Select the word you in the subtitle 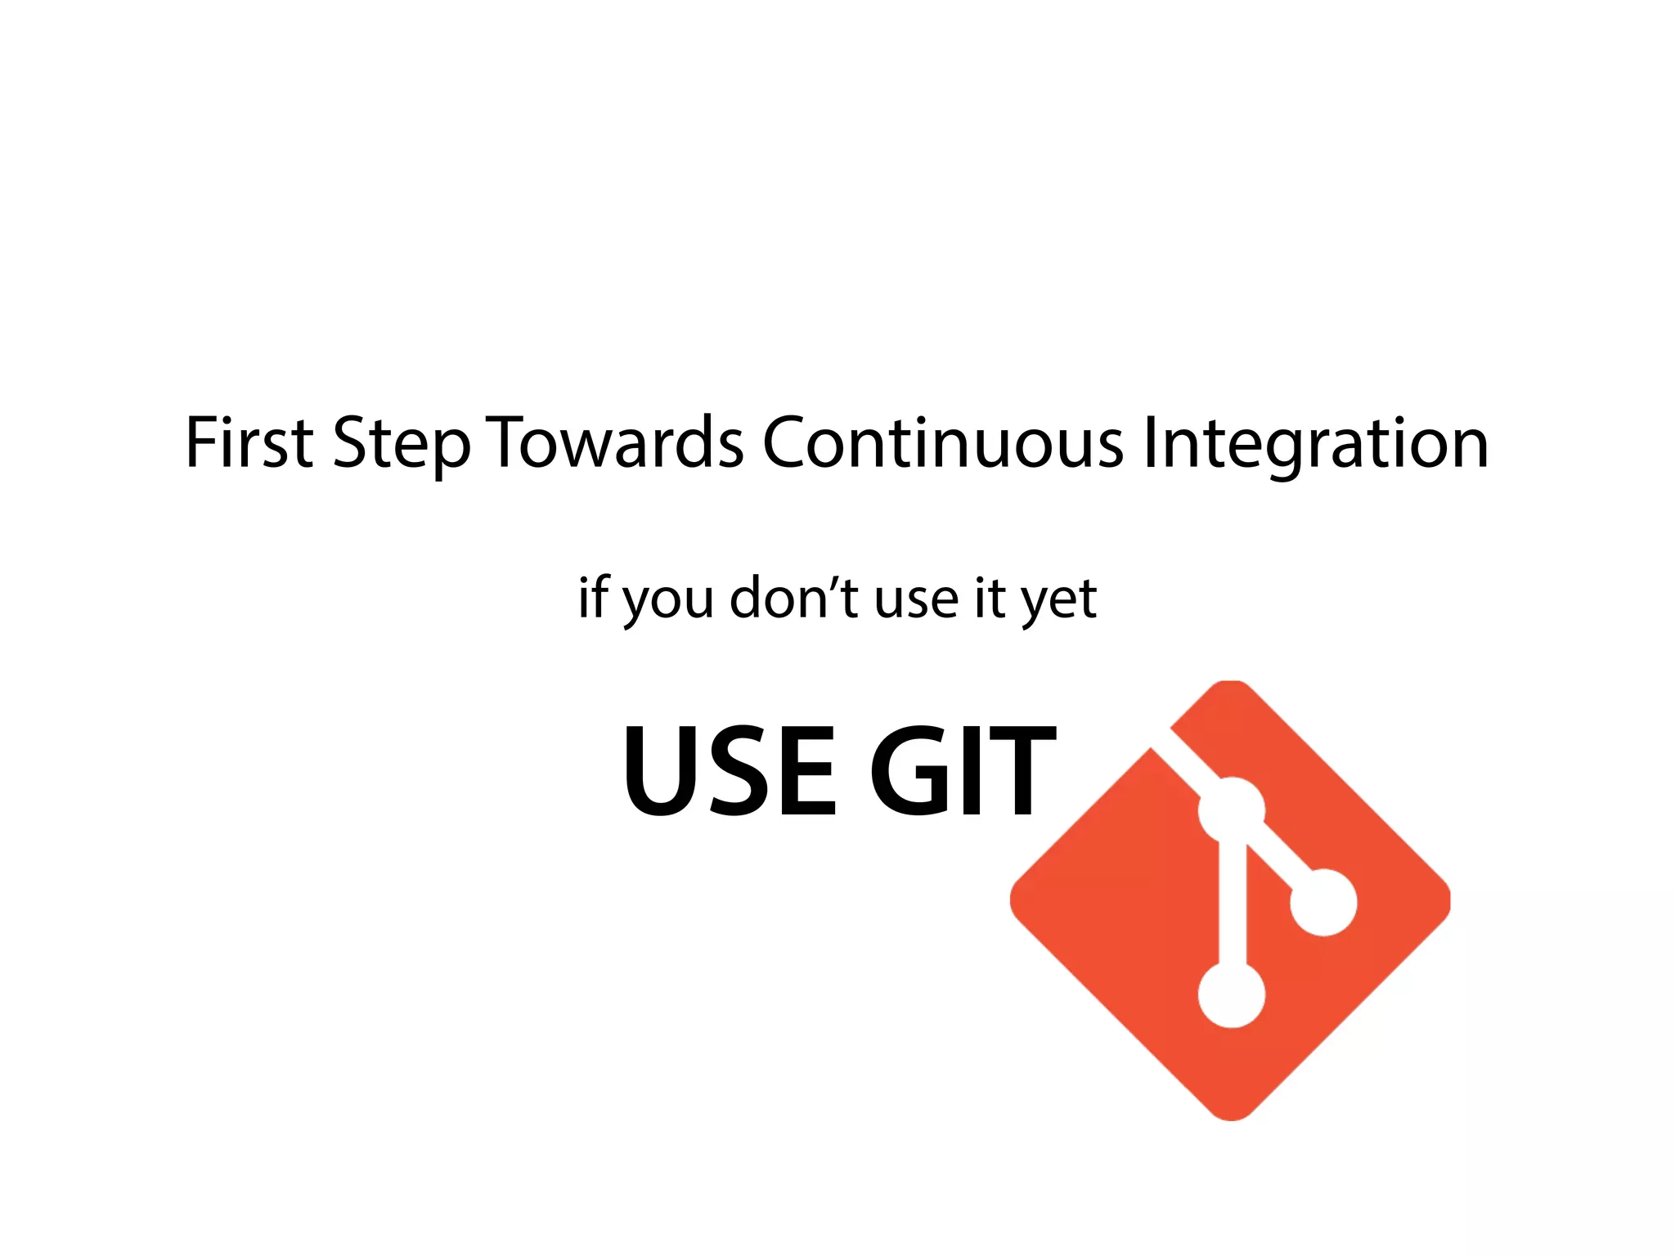click(x=667, y=601)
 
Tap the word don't click(x=793, y=598)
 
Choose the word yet click(x=1059, y=601)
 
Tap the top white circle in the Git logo click(x=1232, y=810)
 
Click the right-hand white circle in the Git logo click(x=1323, y=902)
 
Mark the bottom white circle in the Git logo click(x=1232, y=994)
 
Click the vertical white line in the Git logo click(x=1232, y=904)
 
